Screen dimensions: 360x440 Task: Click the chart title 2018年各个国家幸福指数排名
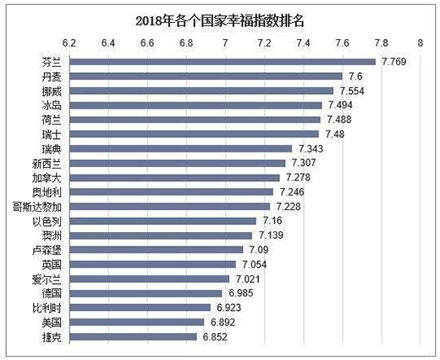point(219,18)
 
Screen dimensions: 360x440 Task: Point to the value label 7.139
point(272,235)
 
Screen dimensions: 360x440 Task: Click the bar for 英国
point(152,264)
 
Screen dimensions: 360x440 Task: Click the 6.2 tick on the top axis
point(69,41)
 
